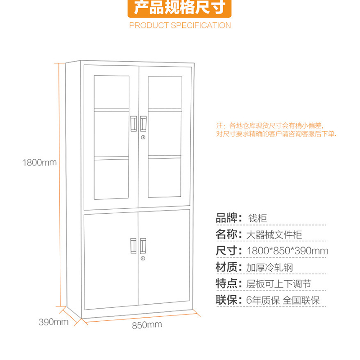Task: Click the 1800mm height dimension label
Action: pyautogui.click(x=40, y=162)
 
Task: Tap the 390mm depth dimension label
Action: pyautogui.click(x=54, y=322)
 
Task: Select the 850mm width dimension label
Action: pyautogui.click(x=147, y=325)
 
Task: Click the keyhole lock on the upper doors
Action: pyautogui.click(x=143, y=137)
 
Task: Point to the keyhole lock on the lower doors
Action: pyautogui.click(x=143, y=258)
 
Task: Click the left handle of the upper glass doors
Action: pyautogui.click(x=134, y=124)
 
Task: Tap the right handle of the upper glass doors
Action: pyautogui.click(x=143, y=123)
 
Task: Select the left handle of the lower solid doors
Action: pyautogui.click(x=133, y=246)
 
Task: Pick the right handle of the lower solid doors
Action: pyautogui.click(x=143, y=246)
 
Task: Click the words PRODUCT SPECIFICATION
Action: pyautogui.click(x=180, y=25)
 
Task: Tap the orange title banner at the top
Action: pyautogui.click(x=180, y=8)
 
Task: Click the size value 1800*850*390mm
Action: pyautogui.click(x=288, y=251)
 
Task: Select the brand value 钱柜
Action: pyautogui.click(x=257, y=218)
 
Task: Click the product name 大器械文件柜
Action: pyautogui.click(x=274, y=234)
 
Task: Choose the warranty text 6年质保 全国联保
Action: pyautogui.click(x=283, y=300)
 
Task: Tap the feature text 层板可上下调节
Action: pyautogui.click(x=279, y=284)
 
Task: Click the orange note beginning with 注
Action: pyautogui.click(x=276, y=130)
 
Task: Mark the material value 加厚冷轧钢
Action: pyautogui.click(x=270, y=267)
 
